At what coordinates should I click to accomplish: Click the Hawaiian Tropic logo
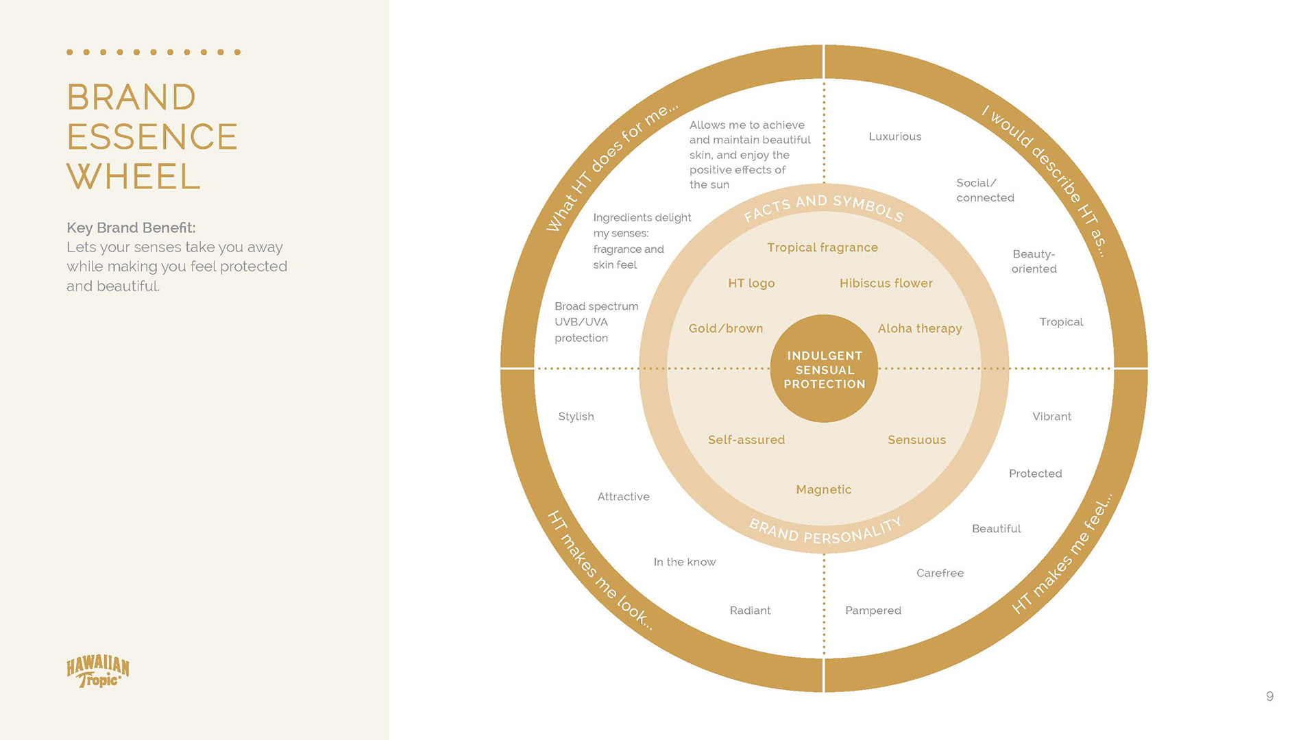point(97,671)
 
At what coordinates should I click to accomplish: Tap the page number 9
point(1269,696)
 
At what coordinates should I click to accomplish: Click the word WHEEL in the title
point(134,177)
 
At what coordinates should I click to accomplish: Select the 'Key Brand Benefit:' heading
point(131,227)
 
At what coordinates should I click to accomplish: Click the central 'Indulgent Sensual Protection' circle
point(824,369)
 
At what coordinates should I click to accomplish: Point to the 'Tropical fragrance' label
point(822,247)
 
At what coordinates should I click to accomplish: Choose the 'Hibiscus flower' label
point(886,283)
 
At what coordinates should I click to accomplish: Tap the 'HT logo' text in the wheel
point(751,283)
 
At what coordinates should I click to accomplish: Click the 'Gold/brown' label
point(725,328)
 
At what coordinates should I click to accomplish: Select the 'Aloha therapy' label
point(919,328)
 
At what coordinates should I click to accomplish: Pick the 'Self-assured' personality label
point(746,440)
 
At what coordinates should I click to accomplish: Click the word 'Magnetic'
point(823,489)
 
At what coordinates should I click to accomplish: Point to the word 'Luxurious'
point(894,136)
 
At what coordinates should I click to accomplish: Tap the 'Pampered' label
point(873,610)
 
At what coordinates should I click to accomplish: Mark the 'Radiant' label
point(750,610)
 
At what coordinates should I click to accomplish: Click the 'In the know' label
point(684,562)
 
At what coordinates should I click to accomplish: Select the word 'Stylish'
point(576,417)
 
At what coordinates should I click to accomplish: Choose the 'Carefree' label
point(940,573)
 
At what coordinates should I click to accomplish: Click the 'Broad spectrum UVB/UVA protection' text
point(596,322)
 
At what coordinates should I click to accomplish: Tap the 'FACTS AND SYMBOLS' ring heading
point(823,206)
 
